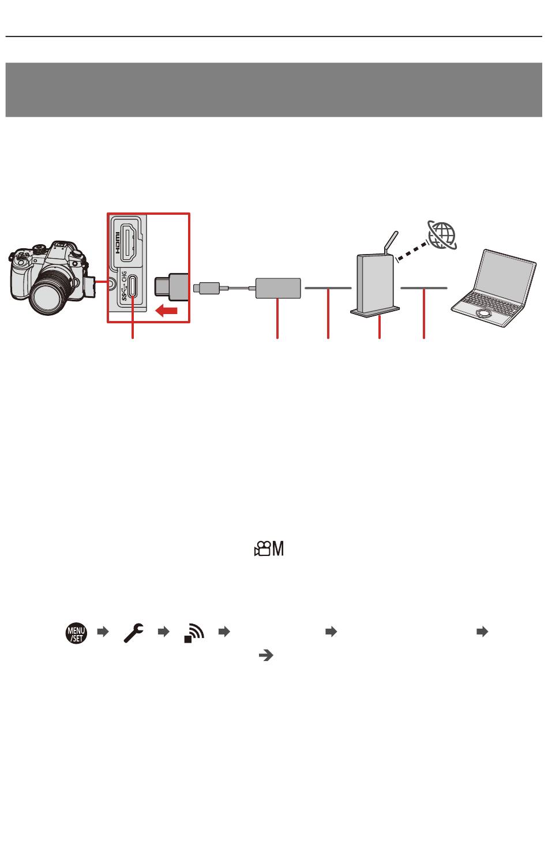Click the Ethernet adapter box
278,288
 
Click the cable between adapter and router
328,287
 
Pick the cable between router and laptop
424,287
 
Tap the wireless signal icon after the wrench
194,633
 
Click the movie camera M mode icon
269,550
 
